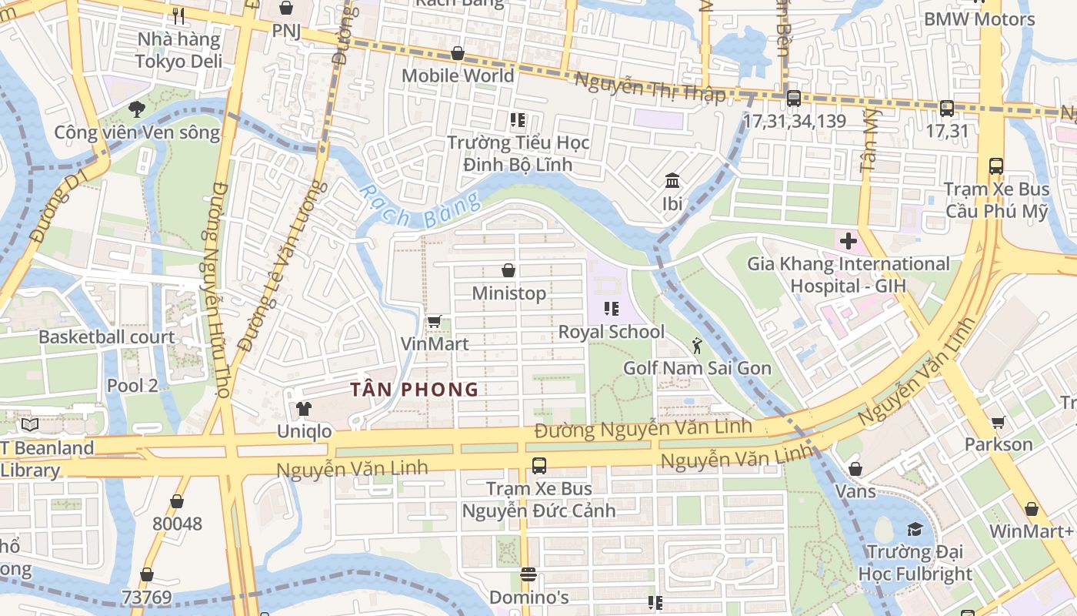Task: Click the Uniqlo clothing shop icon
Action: pyautogui.click(x=304, y=408)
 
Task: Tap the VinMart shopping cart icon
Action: pyautogui.click(x=434, y=321)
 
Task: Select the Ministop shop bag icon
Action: pyautogui.click(x=508, y=270)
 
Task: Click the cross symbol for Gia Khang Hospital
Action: pyautogui.click(x=849, y=241)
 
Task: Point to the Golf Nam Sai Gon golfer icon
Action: pyautogui.click(x=697, y=345)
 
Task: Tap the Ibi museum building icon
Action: pyautogui.click(x=672, y=181)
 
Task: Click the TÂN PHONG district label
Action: pyautogui.click(x=415, y=390)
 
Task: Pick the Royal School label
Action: pyautogui.click(x=612, y=332)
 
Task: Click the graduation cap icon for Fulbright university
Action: pyautogui.click(x=915, y=529)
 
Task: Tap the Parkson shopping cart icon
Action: pyautogui.click(x=999, y=422)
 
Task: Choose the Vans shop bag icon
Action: pyautogui.click(x=855, y=468)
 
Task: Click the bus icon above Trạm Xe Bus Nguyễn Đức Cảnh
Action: pyautogui.click(x=539, y=465)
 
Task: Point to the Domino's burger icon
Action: pyautogui.click(x=528, y=574)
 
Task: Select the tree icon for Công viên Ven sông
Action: pyautogui.click(x=137, y=109)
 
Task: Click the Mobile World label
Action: pyautogui.click(x=458, y=75)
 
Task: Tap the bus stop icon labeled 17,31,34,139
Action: pyautogui.click(x=794, y=99)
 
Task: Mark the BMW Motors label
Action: pyautogui.click(x=979, y=19)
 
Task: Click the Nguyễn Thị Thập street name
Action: pyautogui.click(x=650, y=87)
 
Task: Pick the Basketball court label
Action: pyautogui.click(x=106, y=337)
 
